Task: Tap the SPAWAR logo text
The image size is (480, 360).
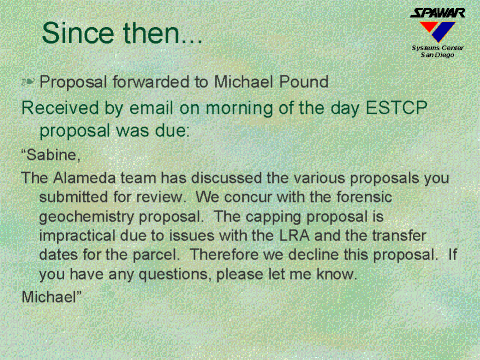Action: click(x=437, y=13)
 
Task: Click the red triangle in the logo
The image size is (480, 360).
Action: click(x=429, y=27)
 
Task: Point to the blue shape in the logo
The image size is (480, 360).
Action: click(x=444, y=32)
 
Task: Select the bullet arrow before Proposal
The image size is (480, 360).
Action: click(x=28, y=82)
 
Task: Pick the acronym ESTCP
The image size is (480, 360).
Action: click(x=396, y=108)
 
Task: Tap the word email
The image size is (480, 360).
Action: click(x=151, y=108)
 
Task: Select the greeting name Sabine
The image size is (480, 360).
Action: click(x=52, y=155)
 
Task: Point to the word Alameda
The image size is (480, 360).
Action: click(x=84, y=178)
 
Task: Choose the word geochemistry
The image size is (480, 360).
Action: click(x=86, y=217)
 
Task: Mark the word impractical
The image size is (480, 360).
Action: click(x=77, y=236)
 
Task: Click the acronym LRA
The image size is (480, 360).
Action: click(x=294, y=236)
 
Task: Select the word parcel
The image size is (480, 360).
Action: click(x=156, y=255)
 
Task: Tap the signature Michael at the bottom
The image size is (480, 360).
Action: click(x=49, y=296)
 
